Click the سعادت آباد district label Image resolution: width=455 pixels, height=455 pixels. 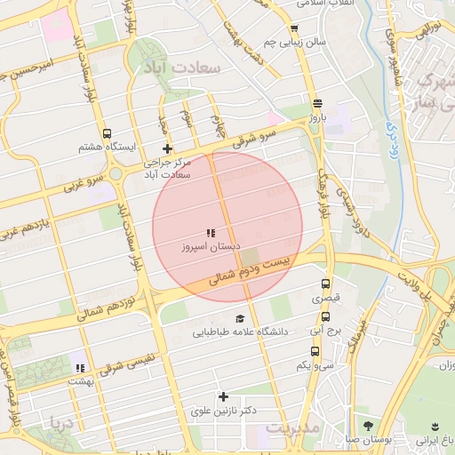[x=182, y=68]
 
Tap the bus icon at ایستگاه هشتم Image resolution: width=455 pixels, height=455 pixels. [x=108, y=133]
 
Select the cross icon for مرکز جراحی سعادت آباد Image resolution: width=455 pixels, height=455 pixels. [x=166, y=148]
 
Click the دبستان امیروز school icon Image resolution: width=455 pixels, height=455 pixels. [x=211, y=233]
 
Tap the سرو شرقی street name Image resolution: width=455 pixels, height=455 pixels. [x=256, y=139]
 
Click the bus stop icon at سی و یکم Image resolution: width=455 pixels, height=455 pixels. [x=315, y=350]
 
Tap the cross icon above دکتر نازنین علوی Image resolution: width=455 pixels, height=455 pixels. [x=223, y=396]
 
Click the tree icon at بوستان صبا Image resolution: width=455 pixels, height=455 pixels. [x=368, y=426]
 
